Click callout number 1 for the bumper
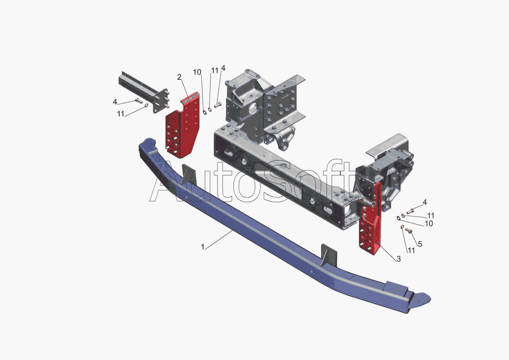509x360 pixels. coord(203,247)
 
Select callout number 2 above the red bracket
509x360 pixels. coord(179,77)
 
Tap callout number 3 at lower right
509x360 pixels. coord(398,259)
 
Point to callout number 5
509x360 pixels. coord(420,244)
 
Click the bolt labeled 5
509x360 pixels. coord(409,231)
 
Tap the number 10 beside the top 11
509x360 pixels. coord(197,72)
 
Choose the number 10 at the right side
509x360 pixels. coord(428,224)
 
